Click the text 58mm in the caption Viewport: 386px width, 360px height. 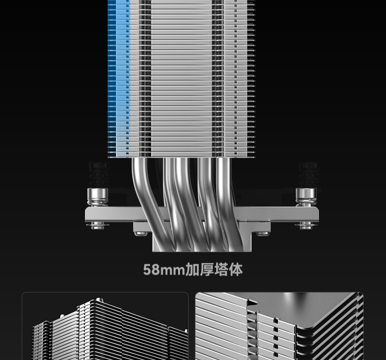pyautogui.click(x=164, y=270)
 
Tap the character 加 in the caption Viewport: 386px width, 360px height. pyautogui.click(x=192, y=270)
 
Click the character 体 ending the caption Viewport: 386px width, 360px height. pyautogui.click(x=236, y=270)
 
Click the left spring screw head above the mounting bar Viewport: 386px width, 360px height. pyautogui.click(x=98, y=194)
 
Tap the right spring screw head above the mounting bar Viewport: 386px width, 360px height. pyautogui.click(x=306, y=194)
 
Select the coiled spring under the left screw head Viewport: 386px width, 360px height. pyautogui.click(x=98, y=203)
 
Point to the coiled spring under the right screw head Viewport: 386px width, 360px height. pyautogui.click(x=306, y=203)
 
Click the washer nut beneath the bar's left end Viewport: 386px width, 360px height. pyautogui.click(x=98, y=225)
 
